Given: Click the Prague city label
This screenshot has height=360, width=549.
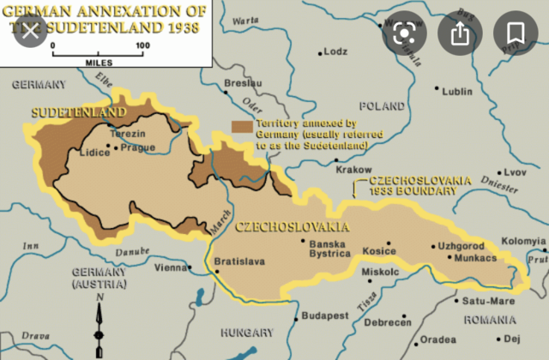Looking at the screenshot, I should coord(138,147).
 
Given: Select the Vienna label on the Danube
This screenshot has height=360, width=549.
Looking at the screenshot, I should coord(168,267).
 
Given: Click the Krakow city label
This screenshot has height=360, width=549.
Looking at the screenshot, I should coord(353,170).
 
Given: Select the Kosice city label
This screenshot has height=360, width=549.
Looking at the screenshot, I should coord(379,250).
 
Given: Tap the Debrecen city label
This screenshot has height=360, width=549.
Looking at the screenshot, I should coord(387,321).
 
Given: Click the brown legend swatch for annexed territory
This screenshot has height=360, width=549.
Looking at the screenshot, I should coord(241,126).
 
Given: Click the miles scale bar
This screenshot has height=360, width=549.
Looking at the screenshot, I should coord(95,53).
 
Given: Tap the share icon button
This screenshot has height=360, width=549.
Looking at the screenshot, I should coord(460,33).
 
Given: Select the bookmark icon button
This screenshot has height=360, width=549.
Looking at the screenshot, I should coord(515,33).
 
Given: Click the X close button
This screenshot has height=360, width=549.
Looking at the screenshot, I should coord(31,33).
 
